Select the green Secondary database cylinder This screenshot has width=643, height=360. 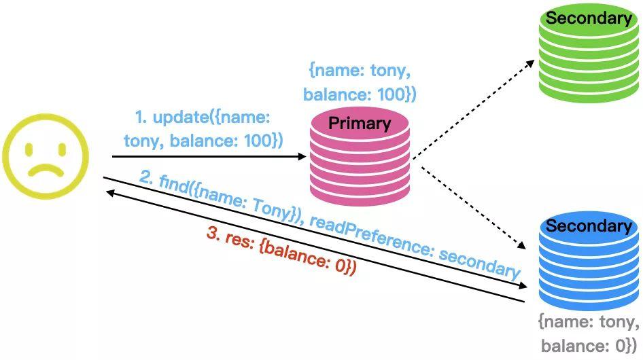pos(589,58)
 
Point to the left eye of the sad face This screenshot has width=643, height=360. pos(30,148)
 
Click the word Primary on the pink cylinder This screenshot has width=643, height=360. pos(360,124)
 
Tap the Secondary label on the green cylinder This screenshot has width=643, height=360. pos(589,18)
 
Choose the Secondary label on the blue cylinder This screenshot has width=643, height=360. pos(589,226)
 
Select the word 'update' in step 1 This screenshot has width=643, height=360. pos(178,118)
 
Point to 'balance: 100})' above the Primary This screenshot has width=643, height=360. pos(360,94)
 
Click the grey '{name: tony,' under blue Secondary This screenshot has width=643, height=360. pos(589,321)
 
